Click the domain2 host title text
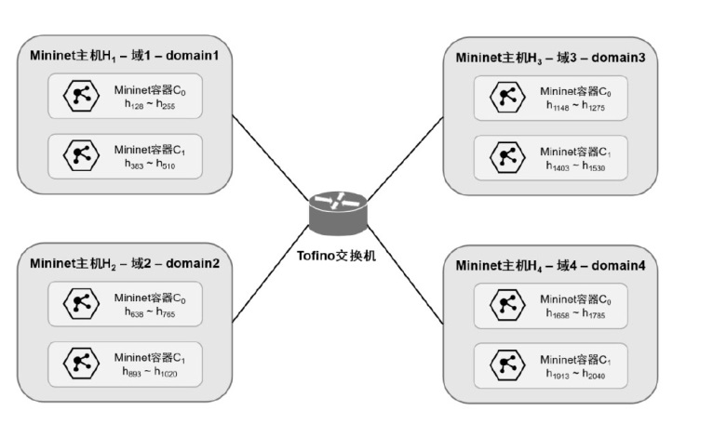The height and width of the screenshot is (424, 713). point(123,263)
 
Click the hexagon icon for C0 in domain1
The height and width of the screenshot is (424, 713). point(80,96)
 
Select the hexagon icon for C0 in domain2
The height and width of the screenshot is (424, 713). point(80,303)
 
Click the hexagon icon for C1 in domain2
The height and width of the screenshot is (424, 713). point(80,362)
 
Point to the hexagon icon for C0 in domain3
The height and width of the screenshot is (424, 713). point(507,97)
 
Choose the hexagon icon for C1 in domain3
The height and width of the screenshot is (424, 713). point(507,155)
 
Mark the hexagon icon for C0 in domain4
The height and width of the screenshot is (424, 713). point(507,304)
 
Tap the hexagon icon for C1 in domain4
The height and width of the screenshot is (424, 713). point(507,363)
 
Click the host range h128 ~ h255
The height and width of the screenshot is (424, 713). point(150,105)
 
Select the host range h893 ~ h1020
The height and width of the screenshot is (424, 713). point(150,371)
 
